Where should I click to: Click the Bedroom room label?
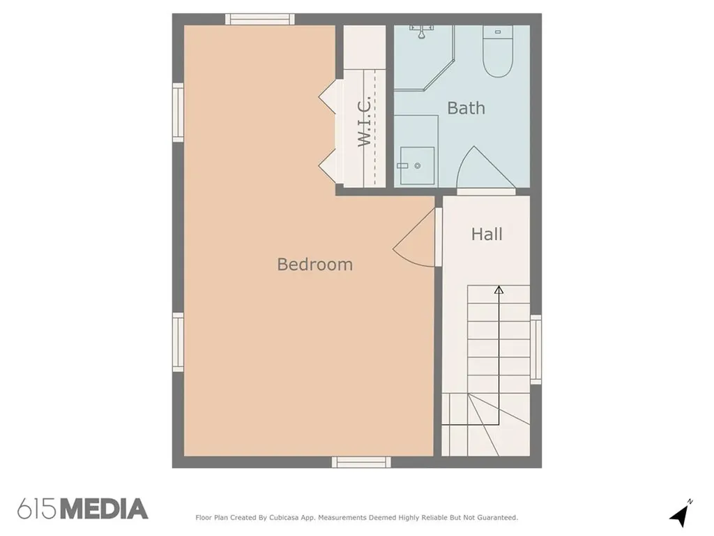[314, 265]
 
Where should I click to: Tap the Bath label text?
[466, 108]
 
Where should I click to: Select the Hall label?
[486, 234]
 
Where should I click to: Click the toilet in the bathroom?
[498, 50]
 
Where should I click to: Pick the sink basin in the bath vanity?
[417, 165]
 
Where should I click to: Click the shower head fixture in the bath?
[422, 31]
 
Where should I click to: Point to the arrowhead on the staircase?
[499, 290]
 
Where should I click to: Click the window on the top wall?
[259, 19]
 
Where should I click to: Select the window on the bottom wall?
[361, 462]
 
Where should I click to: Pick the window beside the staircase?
[536, 350]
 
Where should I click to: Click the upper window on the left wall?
[178, 112]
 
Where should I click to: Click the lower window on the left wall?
[178, 342]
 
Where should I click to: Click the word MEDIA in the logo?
[105, 509]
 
